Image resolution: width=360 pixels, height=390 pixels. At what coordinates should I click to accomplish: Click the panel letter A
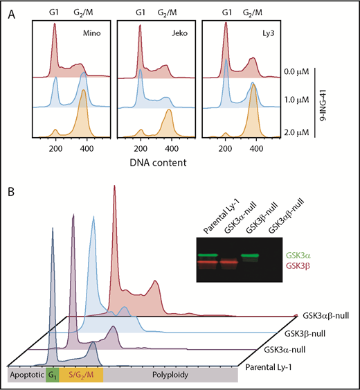10,11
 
